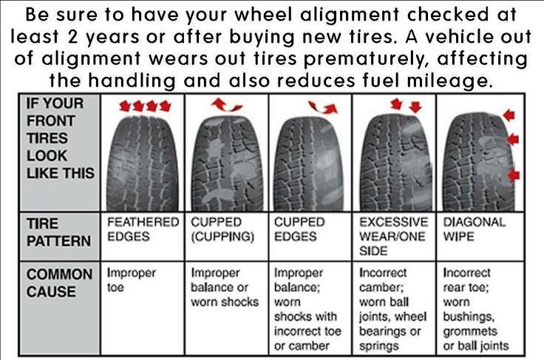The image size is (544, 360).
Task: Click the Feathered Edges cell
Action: tap(143, 229)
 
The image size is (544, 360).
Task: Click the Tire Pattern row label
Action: tap(58, 231)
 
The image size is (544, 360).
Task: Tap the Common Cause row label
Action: tap(60, 282)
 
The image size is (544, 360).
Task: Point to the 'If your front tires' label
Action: tap(60, 137)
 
